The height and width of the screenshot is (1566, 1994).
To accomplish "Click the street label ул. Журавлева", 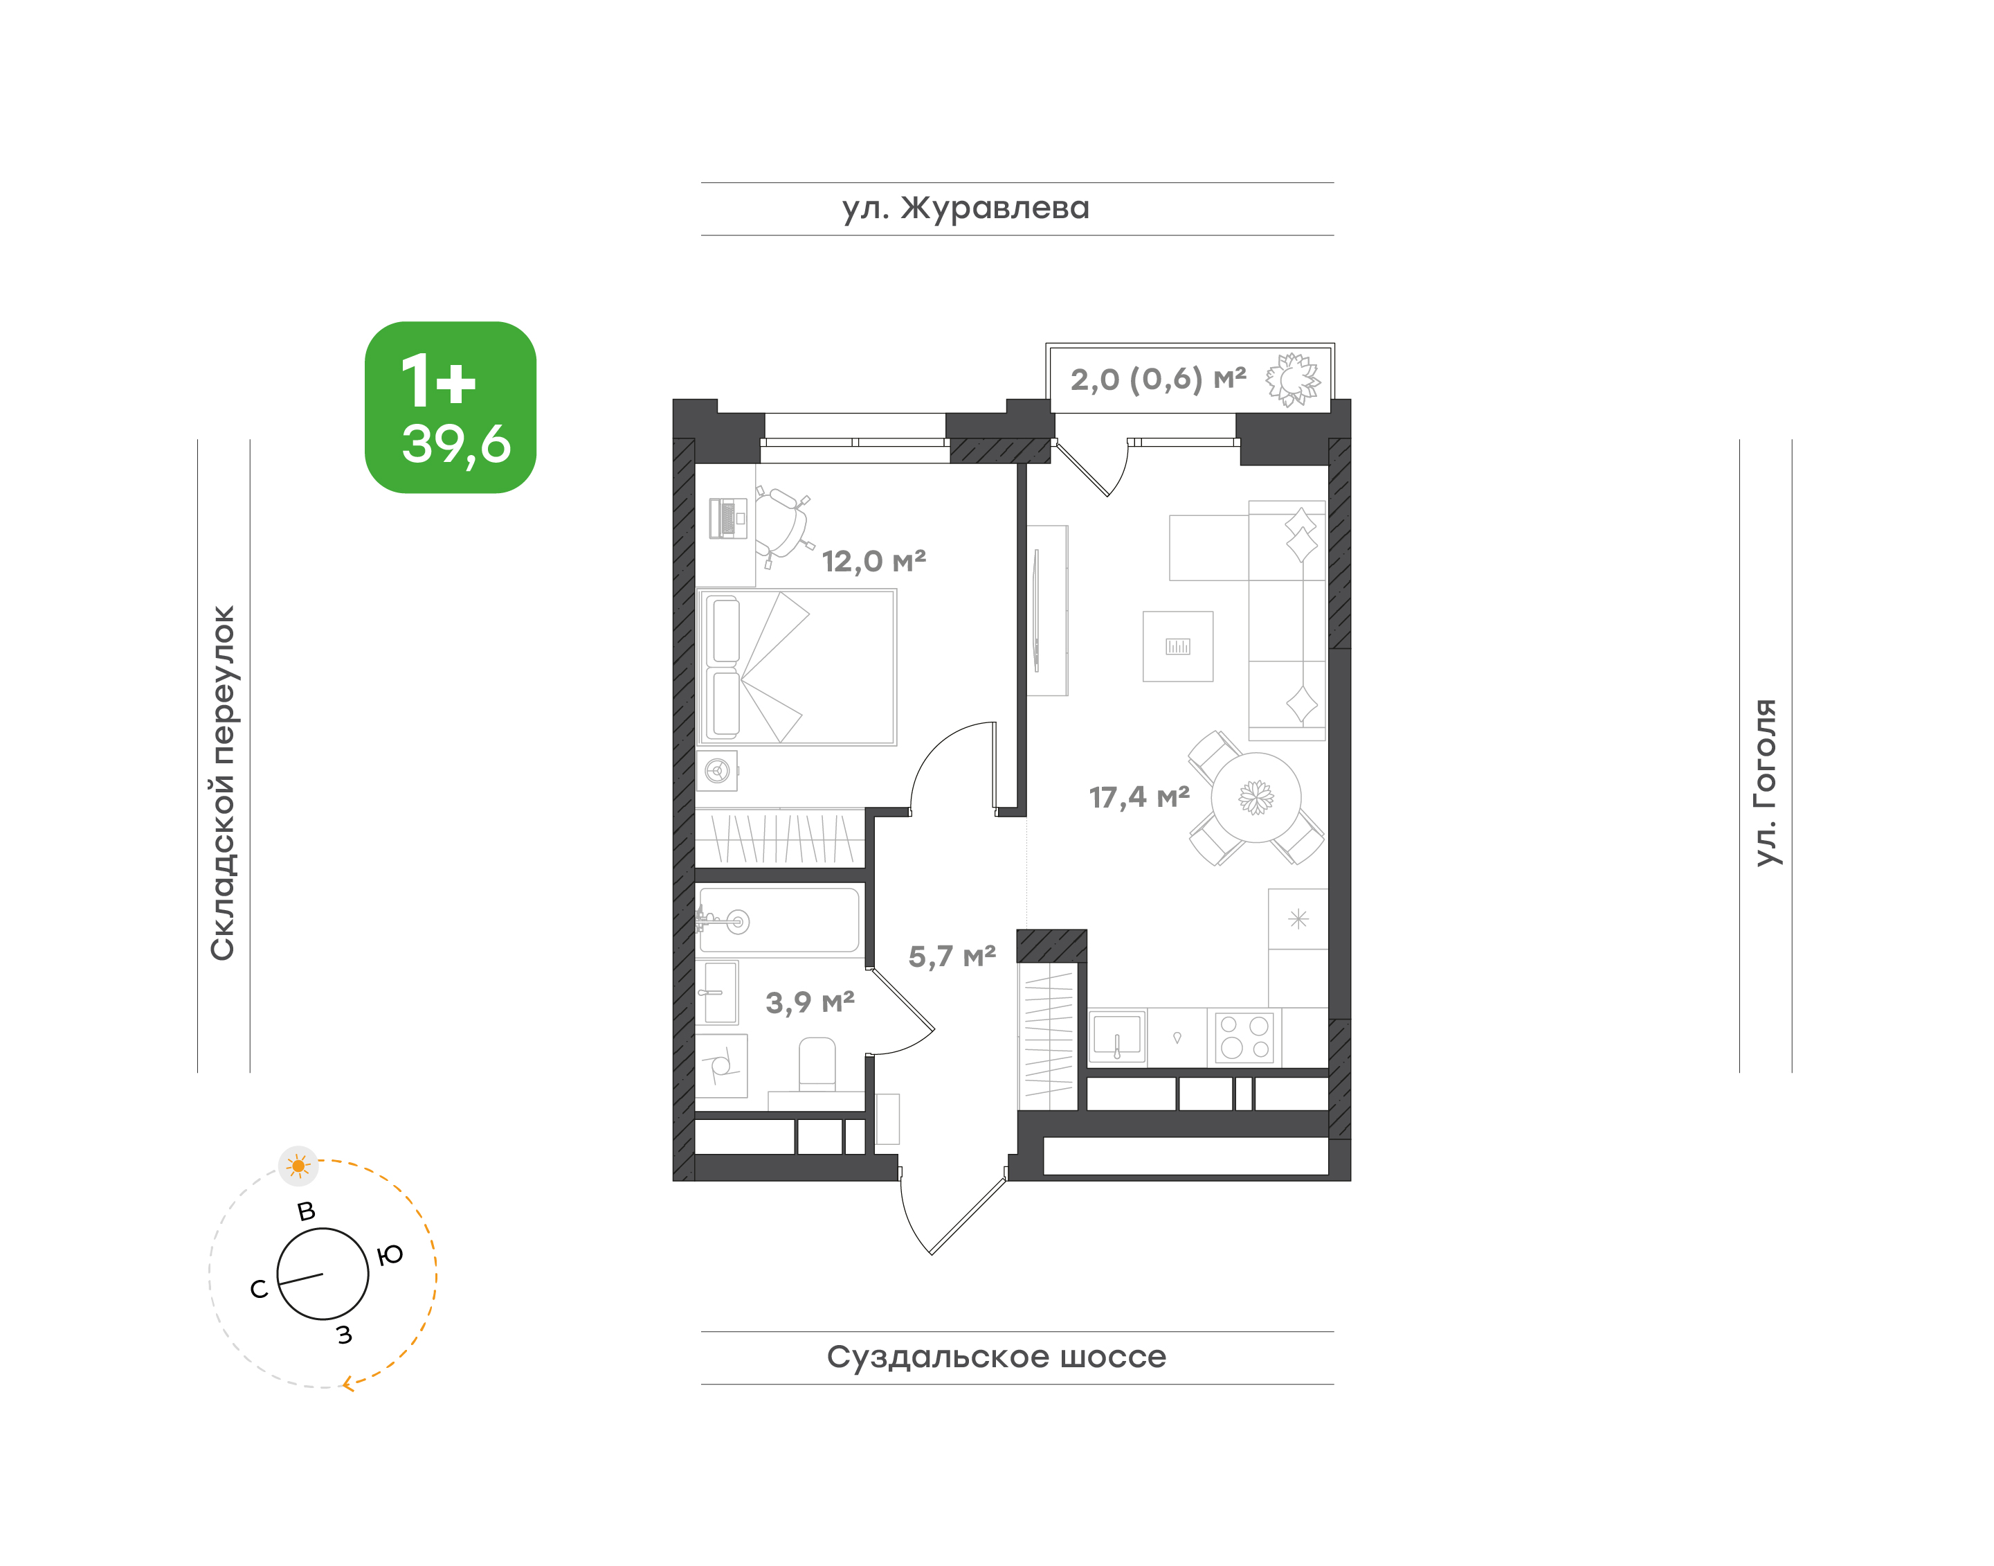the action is (966, 209).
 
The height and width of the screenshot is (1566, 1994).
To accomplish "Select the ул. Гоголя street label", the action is (1765, 782).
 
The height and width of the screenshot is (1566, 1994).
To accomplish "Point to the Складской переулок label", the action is (224, 783).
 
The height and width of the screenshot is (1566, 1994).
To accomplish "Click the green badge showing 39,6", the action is (450, 407).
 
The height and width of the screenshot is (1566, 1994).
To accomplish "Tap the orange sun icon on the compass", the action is (298, 1166).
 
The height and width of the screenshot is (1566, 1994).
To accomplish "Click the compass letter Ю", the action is (390, 1255).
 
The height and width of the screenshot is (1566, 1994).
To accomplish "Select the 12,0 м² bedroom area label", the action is (873, 560).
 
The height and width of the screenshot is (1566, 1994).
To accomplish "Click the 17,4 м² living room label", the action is (1139, 797).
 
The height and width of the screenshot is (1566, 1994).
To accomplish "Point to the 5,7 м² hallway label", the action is (952, 956).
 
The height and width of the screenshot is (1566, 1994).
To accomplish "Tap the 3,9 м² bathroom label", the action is (810, 1002).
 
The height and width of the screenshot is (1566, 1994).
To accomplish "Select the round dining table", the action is (1256, 797).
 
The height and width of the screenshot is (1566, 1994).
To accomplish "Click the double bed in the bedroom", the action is (797, 666).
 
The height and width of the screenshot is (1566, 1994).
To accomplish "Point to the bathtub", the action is (779, 920).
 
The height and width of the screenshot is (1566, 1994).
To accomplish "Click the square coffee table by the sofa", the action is (1177, 646).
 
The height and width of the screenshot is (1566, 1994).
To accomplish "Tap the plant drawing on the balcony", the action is (1293, 379).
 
